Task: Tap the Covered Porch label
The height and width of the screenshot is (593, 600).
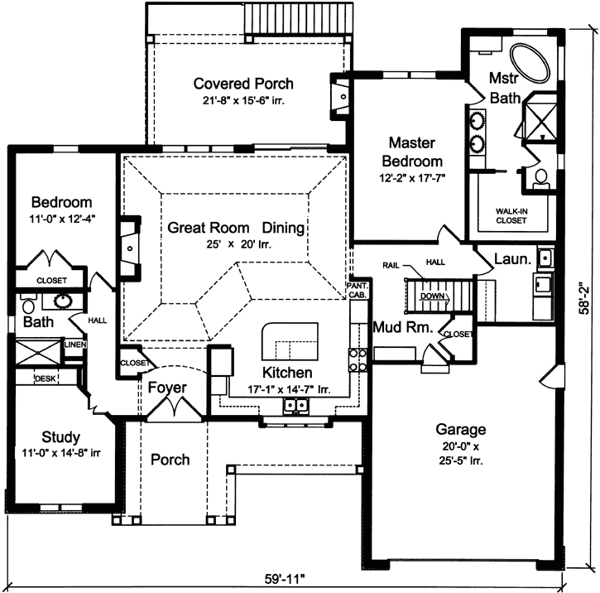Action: (x=243, y=84)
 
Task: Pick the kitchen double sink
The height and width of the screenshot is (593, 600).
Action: (x=295, y=406)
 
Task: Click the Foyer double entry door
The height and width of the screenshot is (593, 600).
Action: (x=172, y=407)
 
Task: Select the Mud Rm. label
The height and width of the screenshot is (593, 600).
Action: (x=403, y=326)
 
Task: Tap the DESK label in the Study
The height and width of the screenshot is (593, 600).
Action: (x=45, y=378)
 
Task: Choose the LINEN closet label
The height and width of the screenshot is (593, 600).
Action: (x=74, y=344)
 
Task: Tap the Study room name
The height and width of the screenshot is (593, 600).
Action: (x=60, y=436)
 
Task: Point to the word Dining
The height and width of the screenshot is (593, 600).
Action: (x=284, y=227)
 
